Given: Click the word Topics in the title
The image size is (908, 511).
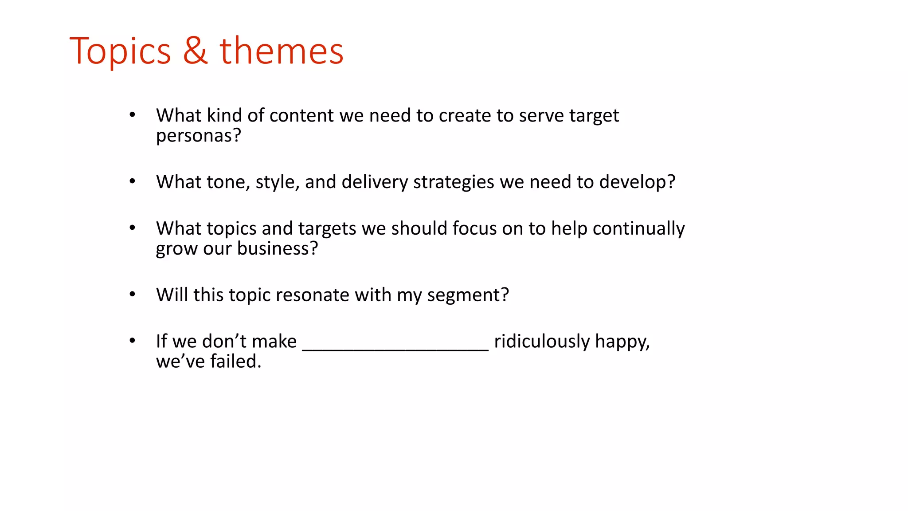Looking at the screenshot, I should click(120, 51).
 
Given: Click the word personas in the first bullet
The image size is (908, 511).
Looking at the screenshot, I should click(194, 136).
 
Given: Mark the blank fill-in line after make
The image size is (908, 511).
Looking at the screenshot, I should click(395, 349).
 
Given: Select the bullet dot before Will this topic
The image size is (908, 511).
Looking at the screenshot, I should click(132, 294).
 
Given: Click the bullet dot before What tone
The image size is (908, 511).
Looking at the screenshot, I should click(132, 181).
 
